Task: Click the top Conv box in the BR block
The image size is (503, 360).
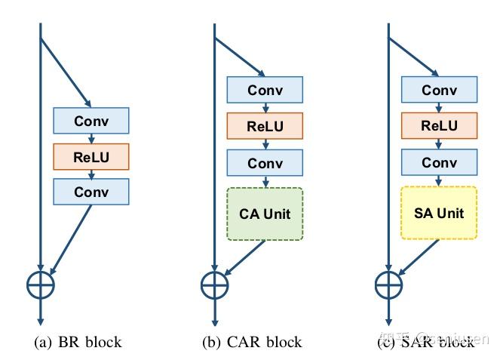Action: click(x=90, y=121)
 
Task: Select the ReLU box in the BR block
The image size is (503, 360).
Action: click(x=90, y=157)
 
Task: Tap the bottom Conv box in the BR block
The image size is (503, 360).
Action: click(x=90, y=192)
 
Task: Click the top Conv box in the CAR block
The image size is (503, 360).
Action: click(x=265, y=91)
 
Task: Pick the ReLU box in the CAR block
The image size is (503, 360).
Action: click(x=265, y=126)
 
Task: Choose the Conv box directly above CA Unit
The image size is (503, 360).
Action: click(x=265, y=163)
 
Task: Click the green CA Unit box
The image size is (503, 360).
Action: click(x=265, y=214)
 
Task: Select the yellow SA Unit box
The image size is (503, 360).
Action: click(x=439, y=214)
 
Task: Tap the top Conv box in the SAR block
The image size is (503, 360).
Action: click(x=439, y=91)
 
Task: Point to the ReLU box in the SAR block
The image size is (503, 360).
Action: click(x=439, y=126)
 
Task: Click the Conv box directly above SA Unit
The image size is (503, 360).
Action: click(x=439, y=163)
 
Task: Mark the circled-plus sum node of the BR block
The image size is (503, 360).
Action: click(x=41, y=285)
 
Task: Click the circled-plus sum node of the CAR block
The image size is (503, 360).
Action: click(x=215, y=285)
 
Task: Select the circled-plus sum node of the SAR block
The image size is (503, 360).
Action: click(x=389, y=285)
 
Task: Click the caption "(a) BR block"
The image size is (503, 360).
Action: click(x=78, y=342)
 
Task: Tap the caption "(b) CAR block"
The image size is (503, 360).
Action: click(x=252, y=342)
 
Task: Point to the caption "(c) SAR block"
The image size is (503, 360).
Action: click(x=426, y=342)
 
